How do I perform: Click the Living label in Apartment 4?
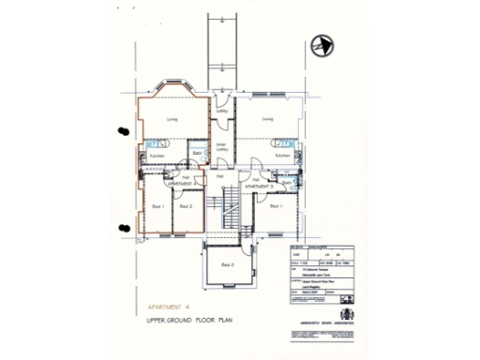pos(172,119)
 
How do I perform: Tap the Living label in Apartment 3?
pos(267,119)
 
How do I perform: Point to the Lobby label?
pos(222,112)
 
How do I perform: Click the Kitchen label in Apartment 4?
pos(157,156)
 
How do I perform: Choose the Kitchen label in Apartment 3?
pos(282,156)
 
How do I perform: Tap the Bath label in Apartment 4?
pos(198,153)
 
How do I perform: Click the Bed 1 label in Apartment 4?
pos(158,205)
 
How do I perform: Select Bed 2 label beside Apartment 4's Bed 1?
pos(186,205)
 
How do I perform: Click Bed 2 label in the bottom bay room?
pos(227,265)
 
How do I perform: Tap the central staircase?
pos(225,208)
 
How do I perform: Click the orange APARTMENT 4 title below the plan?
pos(162,306)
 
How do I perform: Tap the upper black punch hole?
pos(122,132)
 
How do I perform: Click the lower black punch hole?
pos(122,226)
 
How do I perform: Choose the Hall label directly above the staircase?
pos(219,175)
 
